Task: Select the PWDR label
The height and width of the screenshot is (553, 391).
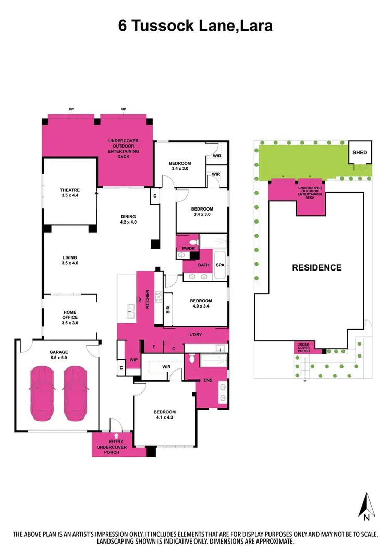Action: tap(188, 249)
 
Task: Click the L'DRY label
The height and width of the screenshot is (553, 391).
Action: tap(195, 334)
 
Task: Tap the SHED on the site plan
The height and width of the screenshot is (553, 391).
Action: tap(360, 153)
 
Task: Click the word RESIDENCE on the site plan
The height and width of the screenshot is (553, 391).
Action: tap(316, 268)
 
